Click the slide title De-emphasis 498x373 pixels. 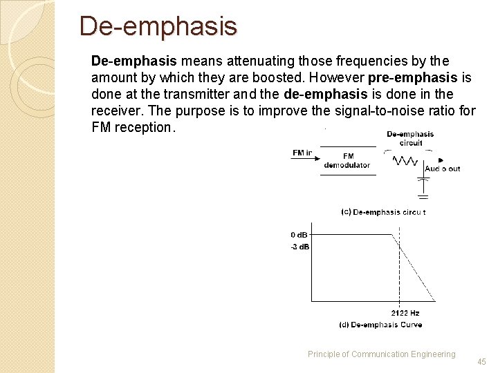point(158,26)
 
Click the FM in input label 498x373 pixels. point(302,153)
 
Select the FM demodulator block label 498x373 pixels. point(347,160)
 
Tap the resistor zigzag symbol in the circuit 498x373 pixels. point(405,161)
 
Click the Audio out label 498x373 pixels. point(442,169)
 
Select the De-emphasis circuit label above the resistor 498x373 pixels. point(410,138)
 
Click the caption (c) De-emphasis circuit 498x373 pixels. point(383,212)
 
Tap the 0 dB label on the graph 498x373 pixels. point(299,235)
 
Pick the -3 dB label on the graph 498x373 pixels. point(299,247)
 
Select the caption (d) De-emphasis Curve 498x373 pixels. point(380,325)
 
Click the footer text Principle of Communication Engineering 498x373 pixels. point(381,354)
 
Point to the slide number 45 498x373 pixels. point(481,361)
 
